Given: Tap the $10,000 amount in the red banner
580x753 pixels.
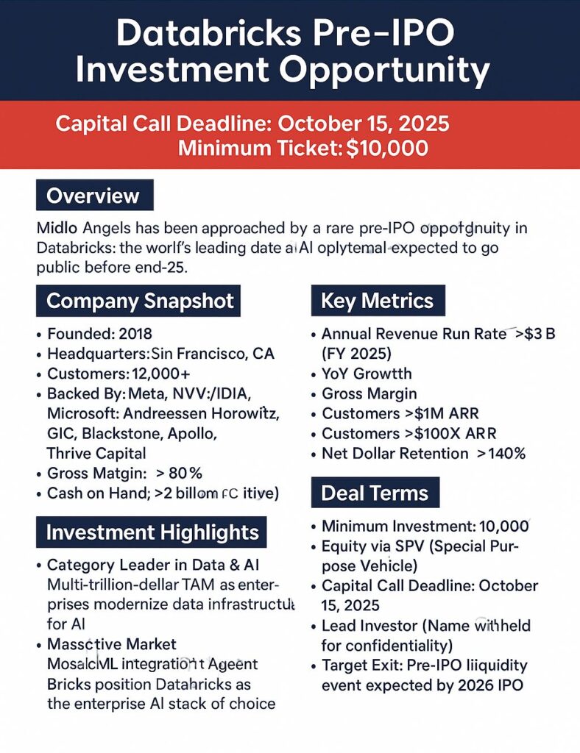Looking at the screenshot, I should point(387,147).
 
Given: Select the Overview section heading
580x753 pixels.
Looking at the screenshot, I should point(93,196).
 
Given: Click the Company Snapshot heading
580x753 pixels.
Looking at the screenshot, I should point(140,301).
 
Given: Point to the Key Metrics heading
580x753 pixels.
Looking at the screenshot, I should point(377,301).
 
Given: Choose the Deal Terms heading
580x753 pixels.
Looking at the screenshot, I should point(375,492).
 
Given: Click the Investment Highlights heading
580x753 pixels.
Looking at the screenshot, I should point(152,532).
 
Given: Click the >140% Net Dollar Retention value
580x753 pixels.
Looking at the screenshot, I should point(501,453).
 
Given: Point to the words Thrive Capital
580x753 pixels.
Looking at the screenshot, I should point(96,453).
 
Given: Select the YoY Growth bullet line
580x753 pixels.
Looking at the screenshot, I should point(367,374).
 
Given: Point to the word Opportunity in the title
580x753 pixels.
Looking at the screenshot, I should point(386,71).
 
